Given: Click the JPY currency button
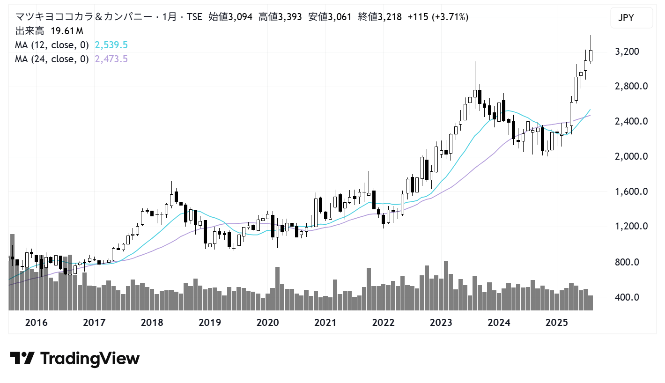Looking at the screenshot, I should (632, 18).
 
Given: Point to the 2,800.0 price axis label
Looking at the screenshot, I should (630, 87).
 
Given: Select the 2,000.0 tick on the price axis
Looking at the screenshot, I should (630, 157).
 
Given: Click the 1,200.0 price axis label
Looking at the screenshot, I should (630, 227).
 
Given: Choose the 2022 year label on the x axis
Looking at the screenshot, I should (383, 323).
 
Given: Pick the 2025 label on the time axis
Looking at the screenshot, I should (556, 323).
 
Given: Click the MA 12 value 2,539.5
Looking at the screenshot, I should (111, 45).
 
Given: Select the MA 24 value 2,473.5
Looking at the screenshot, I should (111, 59).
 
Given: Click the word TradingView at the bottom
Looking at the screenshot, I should (90, 359).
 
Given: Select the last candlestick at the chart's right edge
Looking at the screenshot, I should (591, 55).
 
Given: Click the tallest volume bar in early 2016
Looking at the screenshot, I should (12, 272).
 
